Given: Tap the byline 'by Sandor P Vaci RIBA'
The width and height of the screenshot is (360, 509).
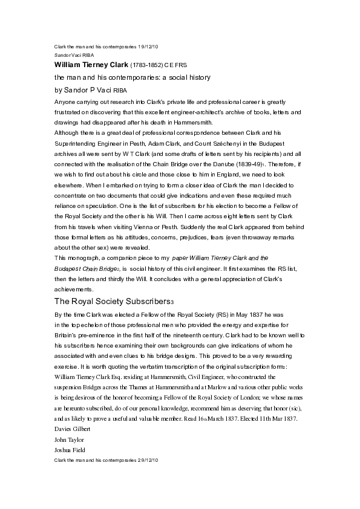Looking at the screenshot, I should click(91, 90).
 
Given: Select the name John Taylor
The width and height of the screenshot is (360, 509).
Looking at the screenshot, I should click(69, 440).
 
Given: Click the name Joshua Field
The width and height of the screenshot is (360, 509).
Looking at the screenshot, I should click(70, 450).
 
